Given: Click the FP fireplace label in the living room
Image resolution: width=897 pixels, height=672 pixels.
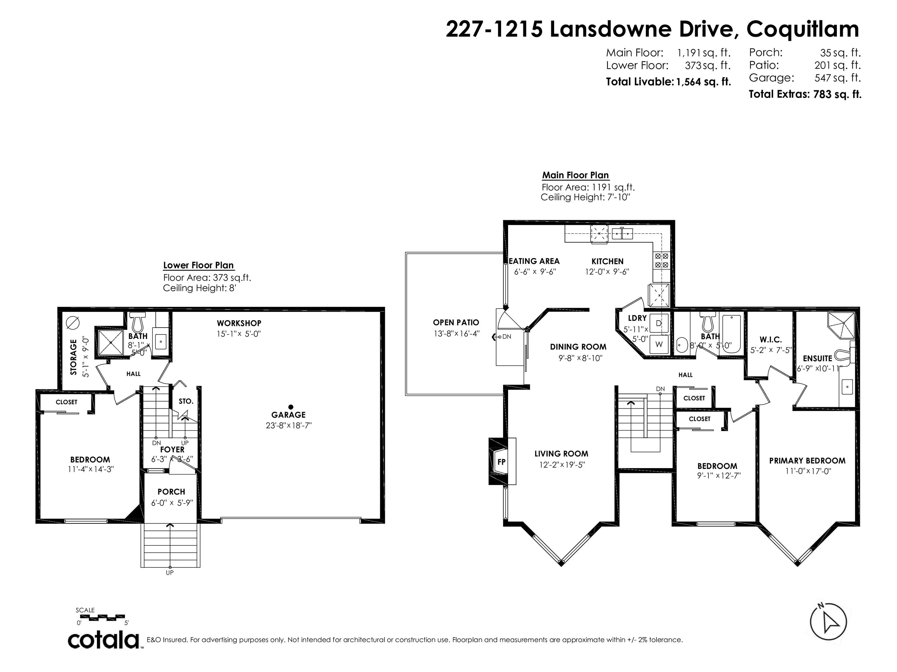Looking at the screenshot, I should [x=501, y=461].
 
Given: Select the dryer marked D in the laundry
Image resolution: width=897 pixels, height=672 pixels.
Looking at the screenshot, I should [x=658, y=323].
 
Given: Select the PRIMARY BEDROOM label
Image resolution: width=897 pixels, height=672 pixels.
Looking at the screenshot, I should [x=807, y=461].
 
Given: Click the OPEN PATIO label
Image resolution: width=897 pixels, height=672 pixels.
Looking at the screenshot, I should [x=456, y=322].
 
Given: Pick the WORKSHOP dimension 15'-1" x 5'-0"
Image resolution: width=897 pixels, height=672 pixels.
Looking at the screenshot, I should [x=239, y=334].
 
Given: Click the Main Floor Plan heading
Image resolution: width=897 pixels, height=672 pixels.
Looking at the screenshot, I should [x=576, y=175].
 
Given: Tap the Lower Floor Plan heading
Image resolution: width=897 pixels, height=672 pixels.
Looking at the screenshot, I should [x=198, y=265].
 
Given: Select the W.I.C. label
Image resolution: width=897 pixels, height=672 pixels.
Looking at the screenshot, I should [x=771, y=340].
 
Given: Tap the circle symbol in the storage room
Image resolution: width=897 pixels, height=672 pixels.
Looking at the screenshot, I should [x=73, y=322].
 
